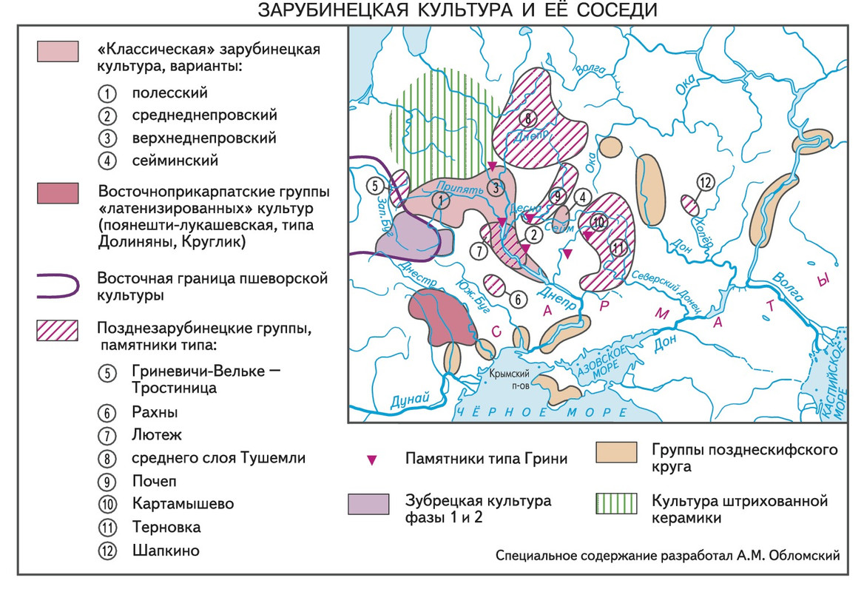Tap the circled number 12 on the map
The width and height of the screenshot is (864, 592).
(705, 183)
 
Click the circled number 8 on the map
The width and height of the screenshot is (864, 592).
(527, 118)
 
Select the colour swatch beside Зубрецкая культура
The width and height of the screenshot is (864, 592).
(368, 503)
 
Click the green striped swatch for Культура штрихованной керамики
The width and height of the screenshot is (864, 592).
(616, 504)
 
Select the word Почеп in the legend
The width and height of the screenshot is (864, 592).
(155, 481)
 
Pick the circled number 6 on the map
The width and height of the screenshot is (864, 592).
(519, 298)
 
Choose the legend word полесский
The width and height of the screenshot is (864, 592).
(170, 93)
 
